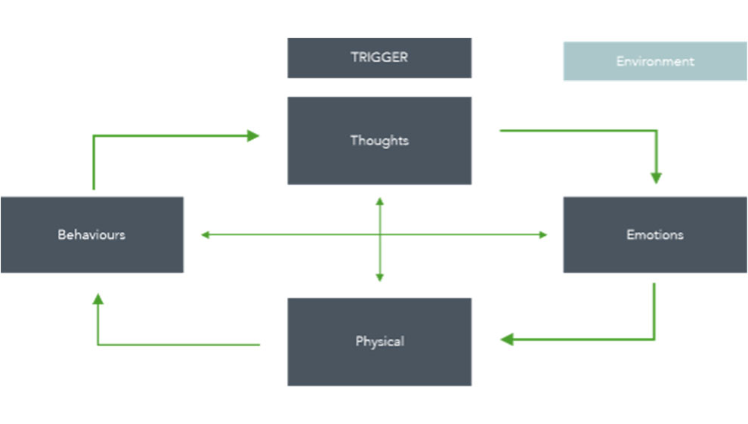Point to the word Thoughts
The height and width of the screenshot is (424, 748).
(x=379, y=141)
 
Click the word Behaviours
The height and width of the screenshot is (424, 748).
(x=91, y=234)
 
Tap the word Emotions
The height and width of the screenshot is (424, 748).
(x=655, y=234)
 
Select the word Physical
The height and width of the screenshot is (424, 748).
(x=379, y=342)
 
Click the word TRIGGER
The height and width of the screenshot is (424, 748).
(x=379, y=57)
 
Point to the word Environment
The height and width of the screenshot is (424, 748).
(x=655, y=61)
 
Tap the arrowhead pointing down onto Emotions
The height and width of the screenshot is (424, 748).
(x=656, y=178)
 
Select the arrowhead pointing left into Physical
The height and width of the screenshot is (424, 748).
(x=507, y=339)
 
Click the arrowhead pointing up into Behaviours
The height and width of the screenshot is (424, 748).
(x=97, y=299)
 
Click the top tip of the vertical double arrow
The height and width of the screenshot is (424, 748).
(x=379, y=201)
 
